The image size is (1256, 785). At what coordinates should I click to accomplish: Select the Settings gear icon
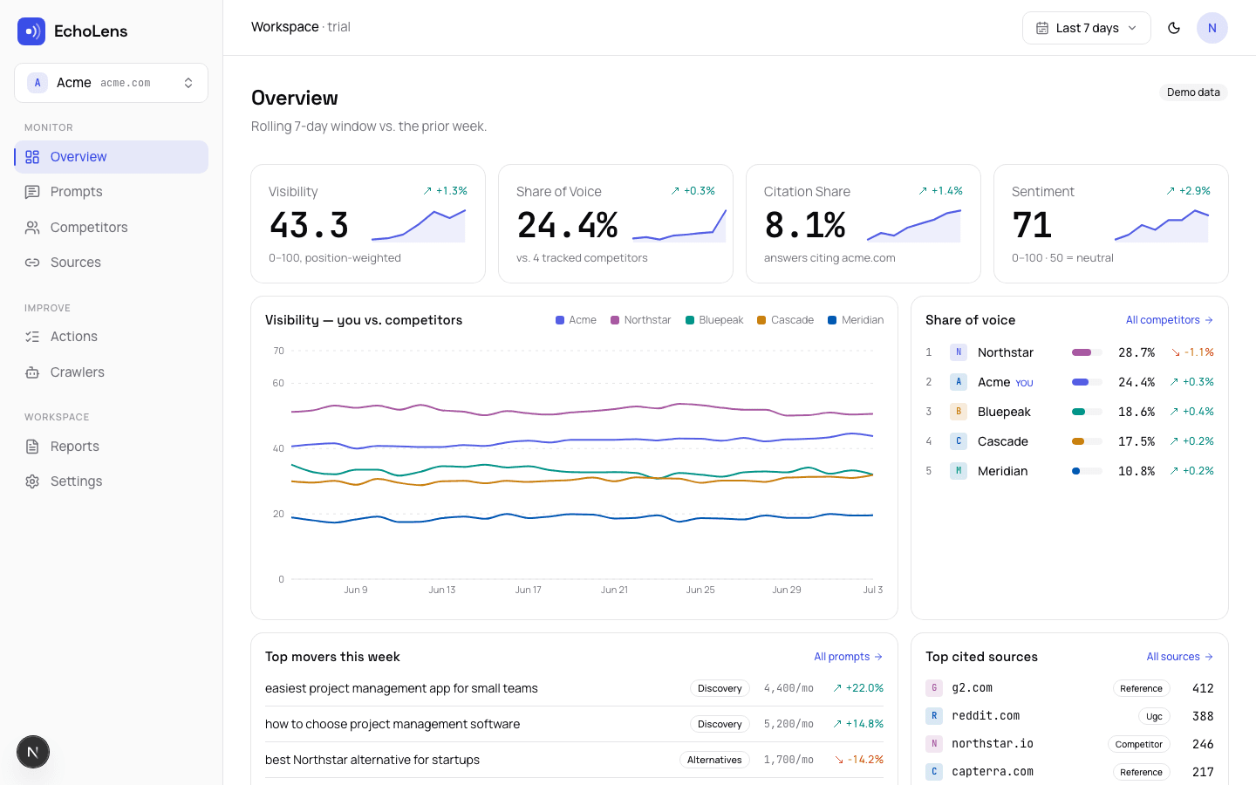click(32, 481)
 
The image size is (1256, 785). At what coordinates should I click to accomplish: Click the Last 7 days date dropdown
click(1086, 28)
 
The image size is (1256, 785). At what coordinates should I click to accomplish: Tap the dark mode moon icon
click(1174, 28)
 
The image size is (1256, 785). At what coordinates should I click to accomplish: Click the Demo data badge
click(1193, 92)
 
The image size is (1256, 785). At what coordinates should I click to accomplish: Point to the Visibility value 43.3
click(309, 225)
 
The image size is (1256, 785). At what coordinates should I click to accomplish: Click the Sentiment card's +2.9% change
click(1188, 191)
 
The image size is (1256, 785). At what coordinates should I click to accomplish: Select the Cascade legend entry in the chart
click(785, 320)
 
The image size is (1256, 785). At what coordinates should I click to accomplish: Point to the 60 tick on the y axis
click(278, 383)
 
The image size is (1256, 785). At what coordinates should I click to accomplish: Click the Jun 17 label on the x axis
click(529, 590)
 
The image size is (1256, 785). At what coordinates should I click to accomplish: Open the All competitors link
click(1169, 320)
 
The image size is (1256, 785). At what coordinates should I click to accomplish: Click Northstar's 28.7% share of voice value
click(1136, 352)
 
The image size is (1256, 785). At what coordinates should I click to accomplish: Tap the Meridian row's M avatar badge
click(959, 471)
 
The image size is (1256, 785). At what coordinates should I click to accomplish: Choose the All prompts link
click(849, 657)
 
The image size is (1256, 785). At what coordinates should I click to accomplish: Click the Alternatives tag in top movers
click(714, 760)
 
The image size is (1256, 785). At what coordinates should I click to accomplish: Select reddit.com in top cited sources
click(986, 715)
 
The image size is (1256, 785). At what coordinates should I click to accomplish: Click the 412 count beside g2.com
click(1203, 688)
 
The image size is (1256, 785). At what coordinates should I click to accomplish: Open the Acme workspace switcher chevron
click(188, 83)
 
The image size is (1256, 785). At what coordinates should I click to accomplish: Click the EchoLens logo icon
click(31, 31)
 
